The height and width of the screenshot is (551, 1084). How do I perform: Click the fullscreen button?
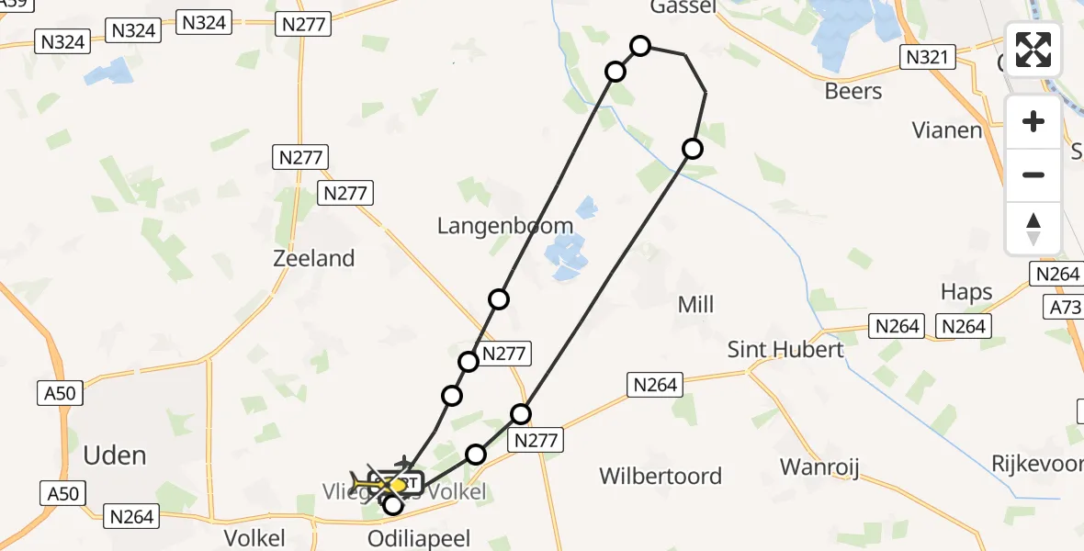pyautogui.click(x=1033, y=50)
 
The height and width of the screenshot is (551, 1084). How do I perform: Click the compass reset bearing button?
pyautogui.click(x=1033, y=229)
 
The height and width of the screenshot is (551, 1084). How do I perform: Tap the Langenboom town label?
pyautogui.click(x=505, y=226)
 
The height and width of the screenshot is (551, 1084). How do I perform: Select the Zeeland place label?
pyautogui.click(x=314, y=259)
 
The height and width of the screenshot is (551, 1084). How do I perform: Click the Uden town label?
pyautogui.click(x=115, y=455)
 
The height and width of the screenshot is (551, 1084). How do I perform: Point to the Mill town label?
pyautogui.click(x=695, y=305)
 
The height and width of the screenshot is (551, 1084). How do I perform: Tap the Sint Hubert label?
pyautogui.click(x=785, y=350)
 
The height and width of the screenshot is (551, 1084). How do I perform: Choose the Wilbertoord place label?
pyautogui.click(x=661, y=477)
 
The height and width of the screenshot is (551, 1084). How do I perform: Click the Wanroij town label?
pyautogui.click(x=819, y=467)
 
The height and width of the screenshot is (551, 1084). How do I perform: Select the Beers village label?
pyautogui.click(x=853, y=92)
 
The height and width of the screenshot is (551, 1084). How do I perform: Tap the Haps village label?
pyautogui.click(x=966, y=292)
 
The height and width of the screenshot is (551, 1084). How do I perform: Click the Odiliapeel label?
pyautogui.click(x=418, y=538)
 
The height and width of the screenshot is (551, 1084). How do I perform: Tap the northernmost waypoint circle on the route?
pyautogui.click(x=640, y=46)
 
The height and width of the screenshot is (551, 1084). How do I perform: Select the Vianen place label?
pyautogui.click(x=947, y=130)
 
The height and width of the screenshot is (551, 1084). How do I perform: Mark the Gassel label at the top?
pyautogui.click(x=683, y=7)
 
